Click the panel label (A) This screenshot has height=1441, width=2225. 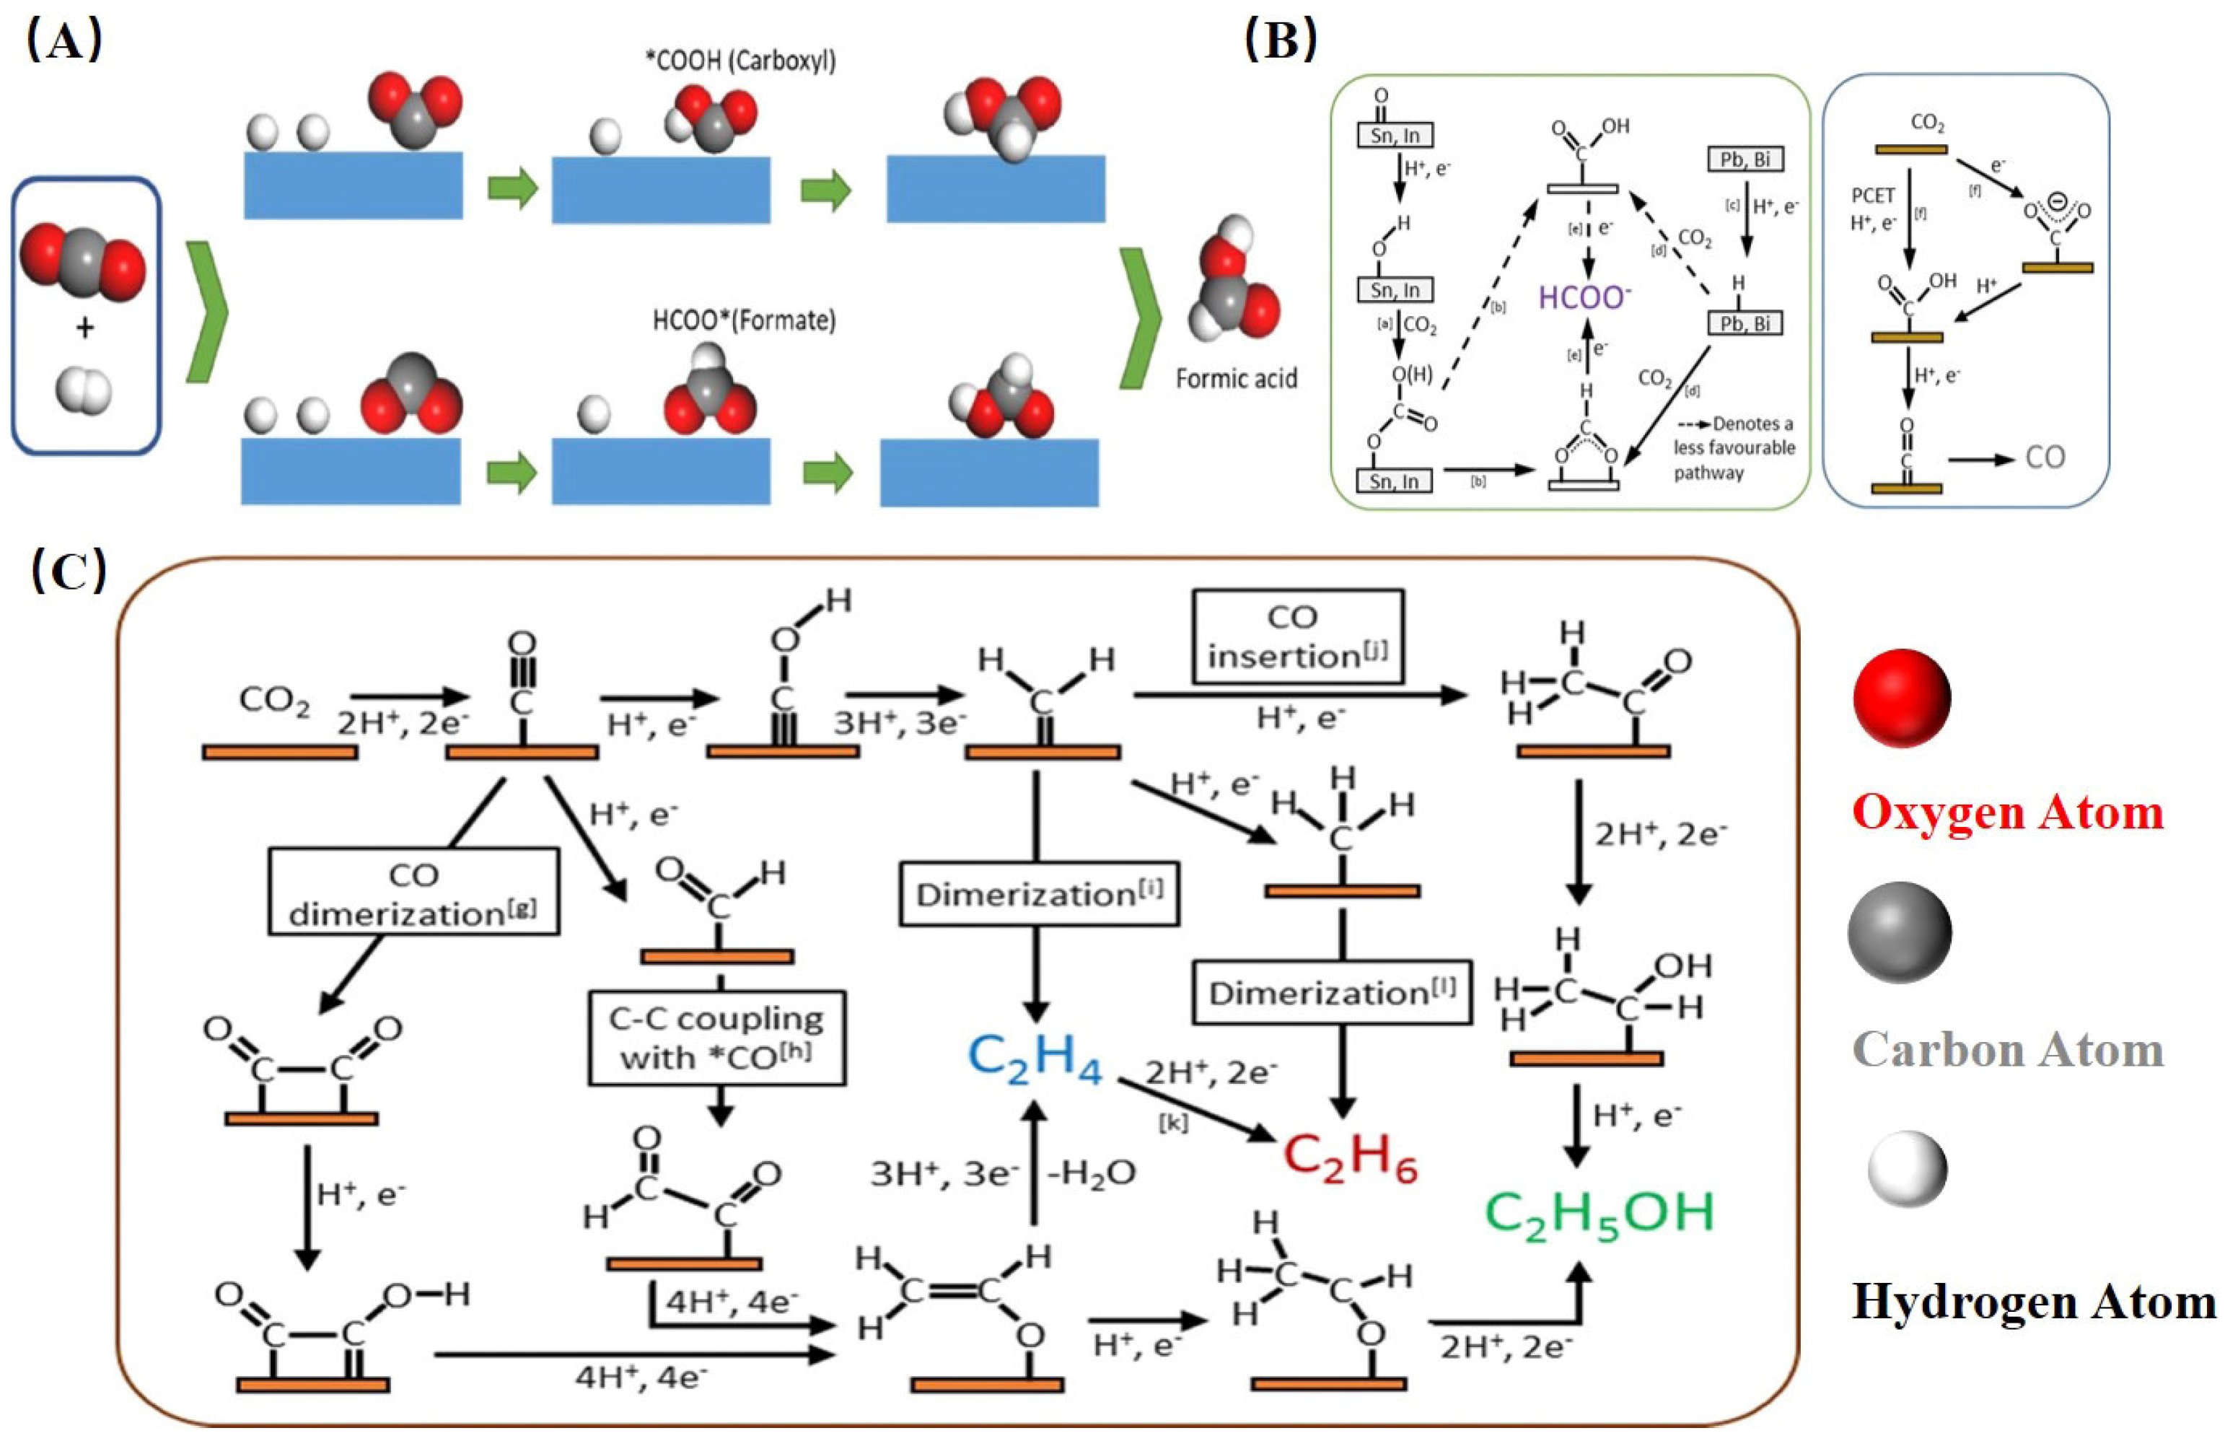(63, 42)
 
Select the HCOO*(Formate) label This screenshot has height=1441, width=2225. (744, 320)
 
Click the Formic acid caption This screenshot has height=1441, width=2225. (1236, 379)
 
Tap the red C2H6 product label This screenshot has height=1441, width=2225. (1350, 1157)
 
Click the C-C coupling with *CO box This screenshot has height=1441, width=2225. (717, 1038)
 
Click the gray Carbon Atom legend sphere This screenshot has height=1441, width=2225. (1899, 932)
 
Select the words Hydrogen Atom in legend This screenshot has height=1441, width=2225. (2032, 1302)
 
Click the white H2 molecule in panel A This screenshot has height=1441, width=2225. (83, 389)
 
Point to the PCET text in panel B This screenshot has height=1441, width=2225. (1872, 196)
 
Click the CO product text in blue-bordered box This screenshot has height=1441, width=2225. (2044, 457)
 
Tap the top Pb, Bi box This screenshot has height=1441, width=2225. (1745, 160)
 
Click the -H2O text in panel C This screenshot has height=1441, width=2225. (1091, 1173)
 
